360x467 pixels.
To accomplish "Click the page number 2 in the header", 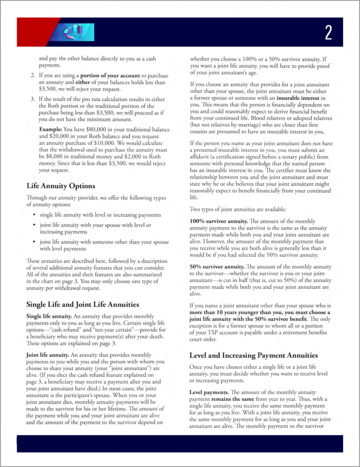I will [329, 32].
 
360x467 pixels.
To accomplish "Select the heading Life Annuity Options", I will [61, 186].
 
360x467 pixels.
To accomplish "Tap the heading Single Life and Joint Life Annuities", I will [83, 304].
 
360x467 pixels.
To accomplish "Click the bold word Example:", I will [51, 129].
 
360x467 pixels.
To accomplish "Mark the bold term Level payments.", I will [209, 392].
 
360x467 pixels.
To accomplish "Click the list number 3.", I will [33, 99].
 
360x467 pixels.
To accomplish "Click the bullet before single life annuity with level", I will [35, 215].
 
